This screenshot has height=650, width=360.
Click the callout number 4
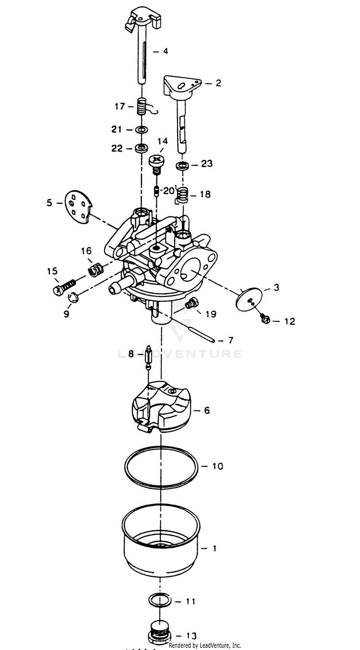(166, 50)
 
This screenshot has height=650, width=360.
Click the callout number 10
(217, 466)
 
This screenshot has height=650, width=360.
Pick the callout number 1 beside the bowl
(214, 548)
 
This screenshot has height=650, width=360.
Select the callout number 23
(206, 164)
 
